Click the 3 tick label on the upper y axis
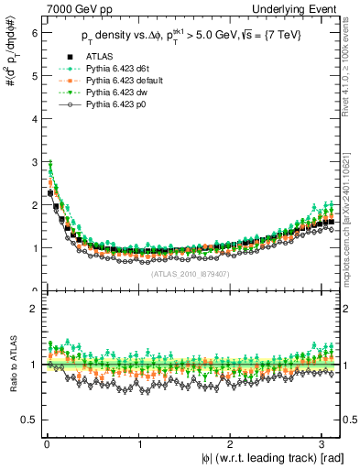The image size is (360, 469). tap(32, 161)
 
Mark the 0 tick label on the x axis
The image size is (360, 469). tap(46, 446)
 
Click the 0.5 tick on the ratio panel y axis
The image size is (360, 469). tap(27, 420)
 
